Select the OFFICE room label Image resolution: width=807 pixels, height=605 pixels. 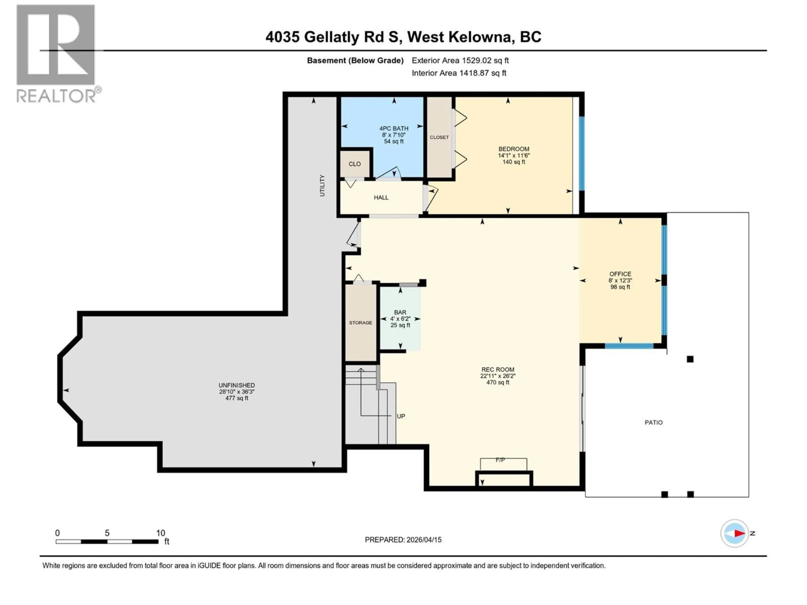pos(620,274)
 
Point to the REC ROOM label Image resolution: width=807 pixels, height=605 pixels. pos(497,370)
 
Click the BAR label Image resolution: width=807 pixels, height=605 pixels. pos(400,313)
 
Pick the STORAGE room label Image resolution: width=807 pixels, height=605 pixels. pos(360,323)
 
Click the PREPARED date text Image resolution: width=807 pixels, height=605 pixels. pos(403,540)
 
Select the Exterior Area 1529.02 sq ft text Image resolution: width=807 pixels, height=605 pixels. pos(460,60)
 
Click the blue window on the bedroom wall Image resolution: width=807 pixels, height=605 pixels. pos(582,153)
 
